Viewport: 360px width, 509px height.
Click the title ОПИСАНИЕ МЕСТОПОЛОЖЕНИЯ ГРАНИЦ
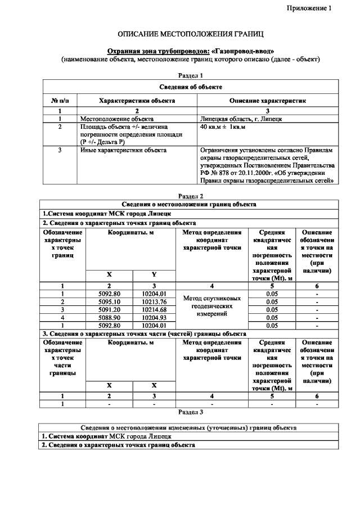190,34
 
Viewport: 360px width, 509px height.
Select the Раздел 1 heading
190,75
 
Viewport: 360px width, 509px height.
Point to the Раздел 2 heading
190,196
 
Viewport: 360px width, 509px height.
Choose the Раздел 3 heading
190,412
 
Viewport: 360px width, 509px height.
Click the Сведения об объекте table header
190,87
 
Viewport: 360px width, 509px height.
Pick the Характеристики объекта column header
137,101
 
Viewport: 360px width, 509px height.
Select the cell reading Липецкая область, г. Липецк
237,119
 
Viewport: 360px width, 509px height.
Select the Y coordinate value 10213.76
154,302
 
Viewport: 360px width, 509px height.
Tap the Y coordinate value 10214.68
154,310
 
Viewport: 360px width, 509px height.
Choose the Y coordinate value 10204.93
154,318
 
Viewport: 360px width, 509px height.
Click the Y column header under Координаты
154,274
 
